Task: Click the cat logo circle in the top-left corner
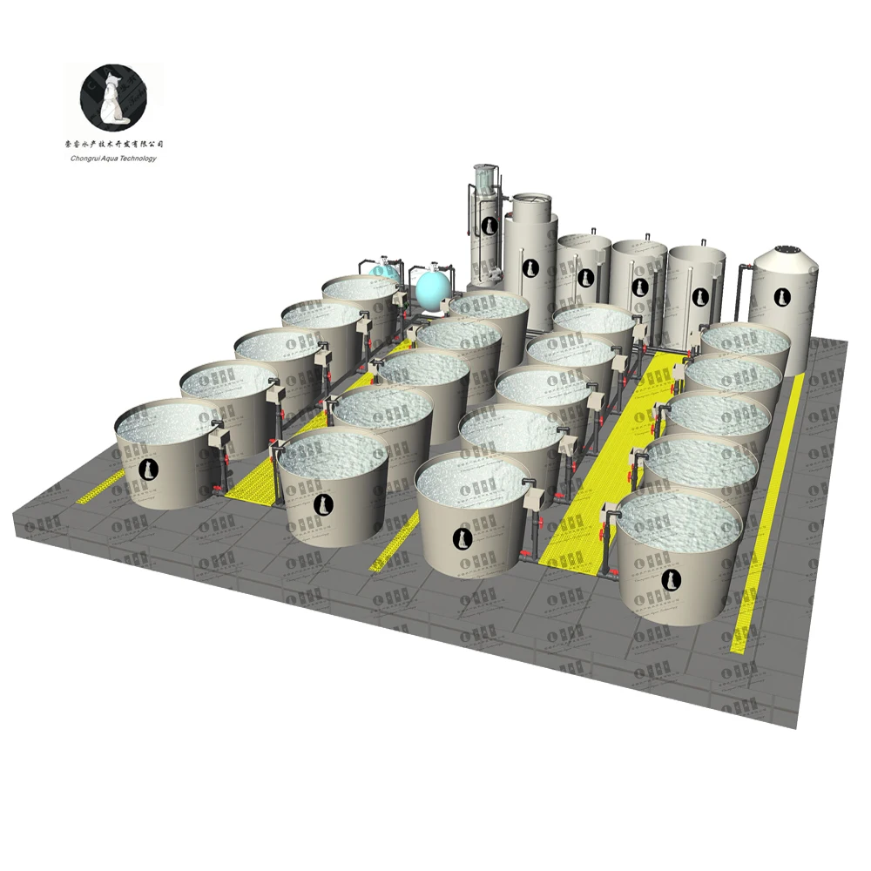coord(113,95)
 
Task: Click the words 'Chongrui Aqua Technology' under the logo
coord(113,158)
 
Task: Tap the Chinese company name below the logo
coord(113,144)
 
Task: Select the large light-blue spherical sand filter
coord(433,288)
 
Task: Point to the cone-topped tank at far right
coord(785,296)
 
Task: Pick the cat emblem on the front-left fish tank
coord(150,470)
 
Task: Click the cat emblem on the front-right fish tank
coord(670,579)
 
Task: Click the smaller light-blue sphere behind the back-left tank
coord(382,273)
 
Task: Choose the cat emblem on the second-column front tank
coord(322,504)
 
